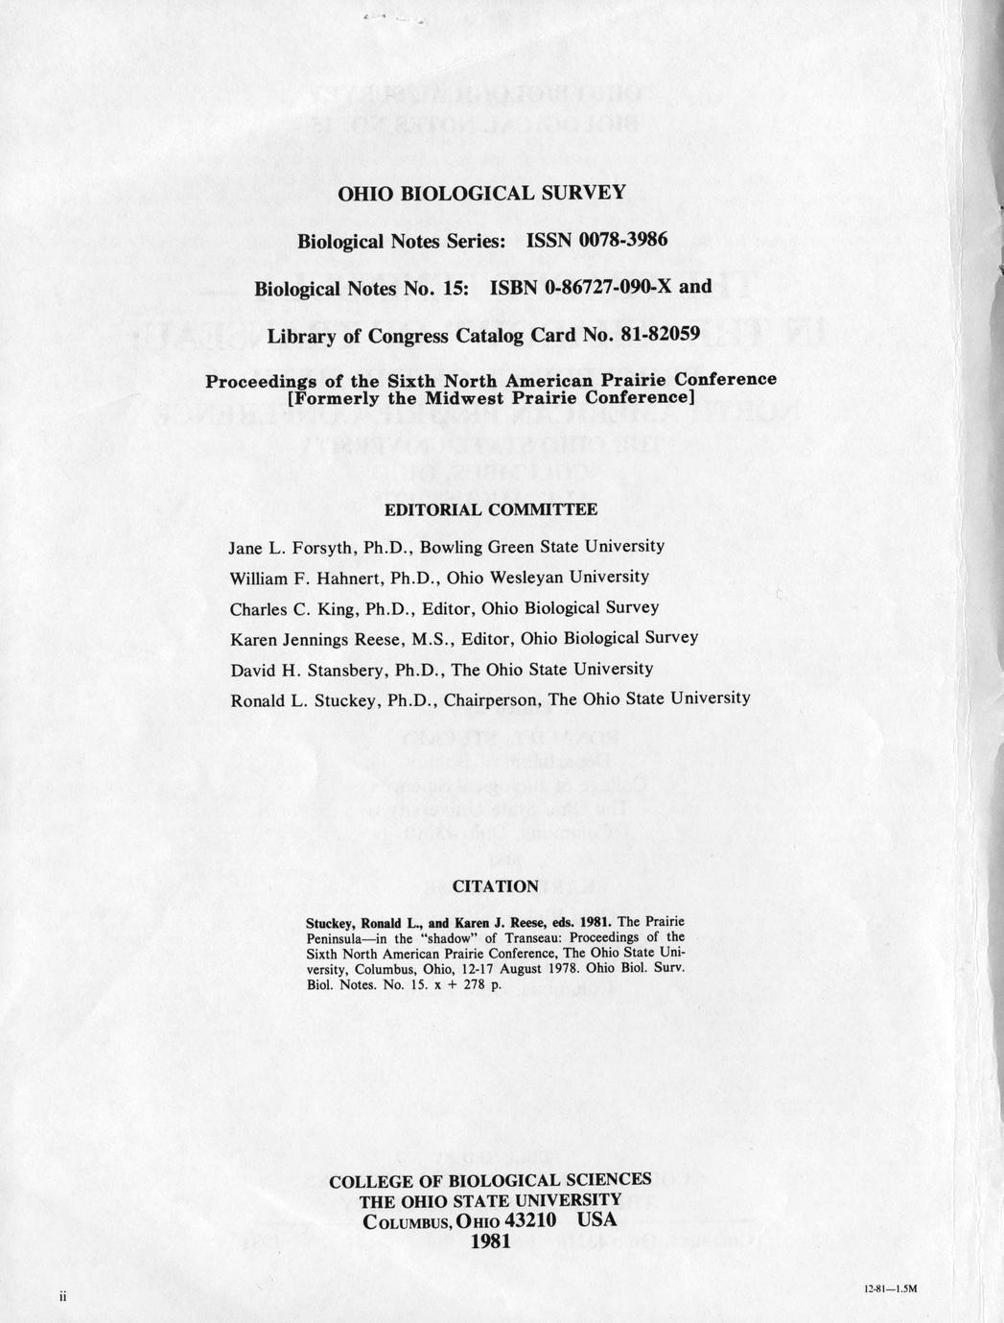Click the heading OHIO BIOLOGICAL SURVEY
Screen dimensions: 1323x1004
point(481,192)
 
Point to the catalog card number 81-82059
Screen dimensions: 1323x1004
point(657,336)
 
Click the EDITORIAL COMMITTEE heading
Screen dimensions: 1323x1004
point(490,509)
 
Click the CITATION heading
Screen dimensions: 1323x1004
point(495,886)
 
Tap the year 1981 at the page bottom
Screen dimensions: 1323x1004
point(491,1240)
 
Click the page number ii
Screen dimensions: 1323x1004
point(60,1295)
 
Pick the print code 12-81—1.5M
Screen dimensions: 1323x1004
point(891,1289)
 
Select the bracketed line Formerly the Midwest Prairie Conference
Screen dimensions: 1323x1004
point(490,396)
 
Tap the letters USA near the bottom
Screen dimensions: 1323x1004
point(597,1220)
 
